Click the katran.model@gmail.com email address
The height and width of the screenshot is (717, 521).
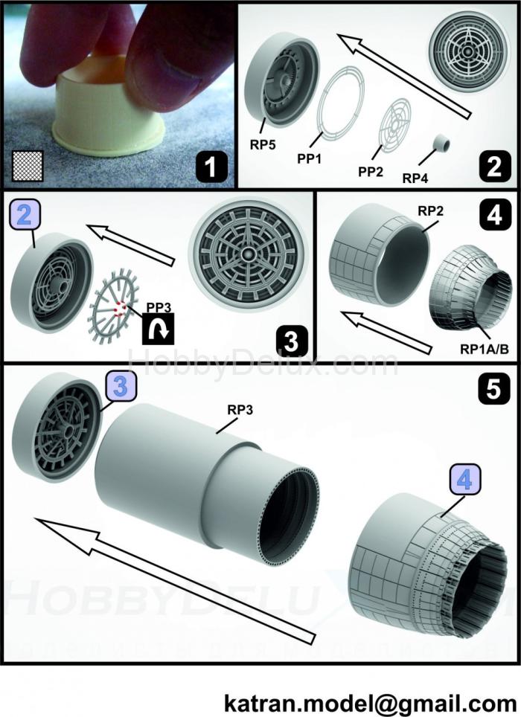tap(370, 701)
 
